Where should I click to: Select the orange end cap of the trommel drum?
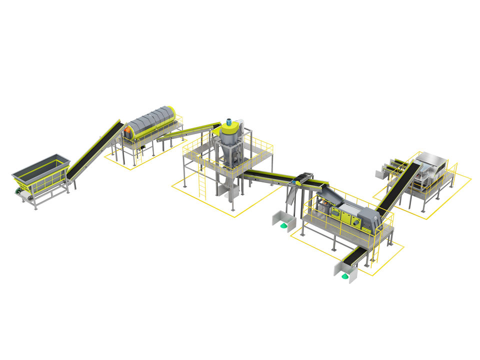(127, 131)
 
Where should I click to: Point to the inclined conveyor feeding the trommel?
(95, 150)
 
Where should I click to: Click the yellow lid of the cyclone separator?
(230, 130)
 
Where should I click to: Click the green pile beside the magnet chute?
(283, 226)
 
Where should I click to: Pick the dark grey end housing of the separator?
(370, 219)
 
